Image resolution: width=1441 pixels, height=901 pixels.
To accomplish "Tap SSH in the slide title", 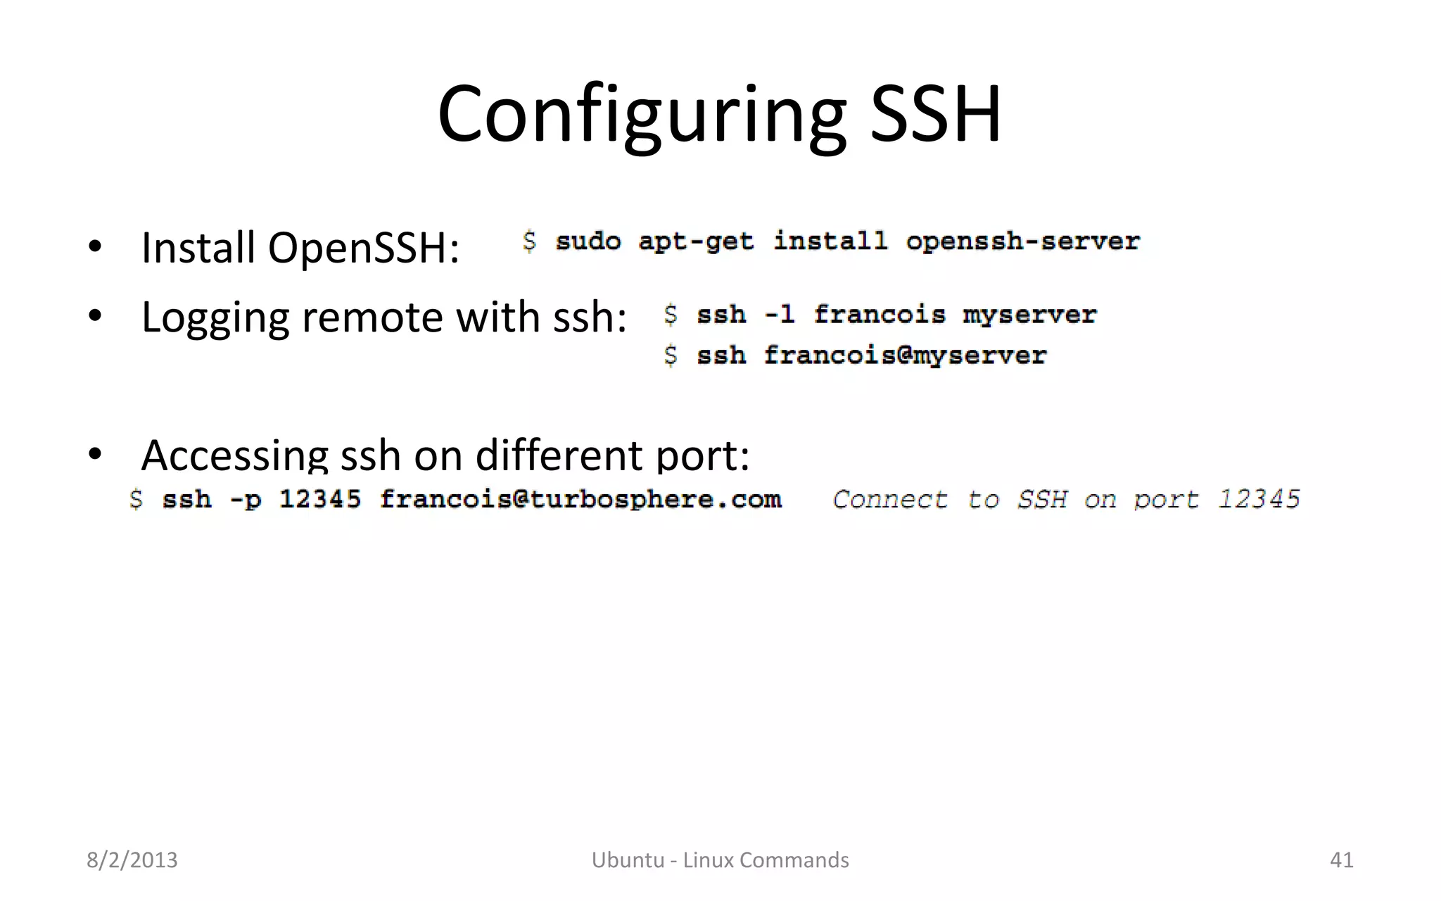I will point(936,114).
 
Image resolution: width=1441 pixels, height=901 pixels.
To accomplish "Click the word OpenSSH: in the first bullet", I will point(363,248).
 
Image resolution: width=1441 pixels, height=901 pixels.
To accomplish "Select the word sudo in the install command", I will point(588,241).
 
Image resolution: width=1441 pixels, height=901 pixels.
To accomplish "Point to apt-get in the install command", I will point(696,241).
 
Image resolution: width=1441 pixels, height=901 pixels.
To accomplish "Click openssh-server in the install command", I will point(1022,241).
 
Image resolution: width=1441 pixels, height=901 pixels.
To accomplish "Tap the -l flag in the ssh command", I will point(780,315).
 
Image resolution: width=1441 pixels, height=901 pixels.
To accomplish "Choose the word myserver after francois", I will point(1029,315).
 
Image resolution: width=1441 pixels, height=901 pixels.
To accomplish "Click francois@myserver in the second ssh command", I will point(906,355).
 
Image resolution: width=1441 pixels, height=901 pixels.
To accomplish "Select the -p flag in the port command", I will point(246,499).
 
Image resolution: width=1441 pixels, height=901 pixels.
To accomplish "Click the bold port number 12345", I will point(320,499).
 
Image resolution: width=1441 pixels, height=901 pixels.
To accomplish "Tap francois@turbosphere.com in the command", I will point(580,499).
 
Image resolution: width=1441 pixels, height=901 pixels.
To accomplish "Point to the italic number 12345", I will point(1259,499).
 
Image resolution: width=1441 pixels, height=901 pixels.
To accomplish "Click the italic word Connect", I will point(890,499).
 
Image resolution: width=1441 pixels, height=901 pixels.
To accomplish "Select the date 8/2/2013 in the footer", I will point(132,860).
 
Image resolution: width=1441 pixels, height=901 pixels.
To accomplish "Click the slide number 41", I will point(1341,860).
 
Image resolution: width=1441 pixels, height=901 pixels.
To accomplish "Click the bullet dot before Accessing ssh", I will point(95,454).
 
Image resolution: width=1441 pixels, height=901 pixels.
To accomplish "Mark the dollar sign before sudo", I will point(530,241).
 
